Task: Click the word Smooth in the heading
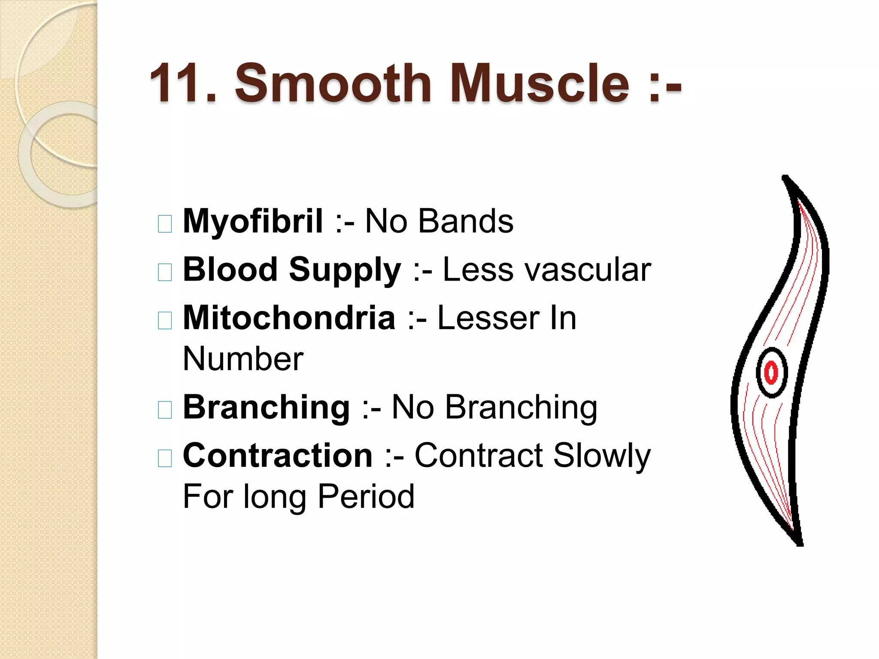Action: tap(333, 83)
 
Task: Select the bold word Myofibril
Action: tap(253, 221)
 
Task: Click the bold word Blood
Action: tap(230, 269)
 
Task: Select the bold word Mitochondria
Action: tap(289, 318)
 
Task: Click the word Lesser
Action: tap(488, 318)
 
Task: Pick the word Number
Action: tap(243, 359)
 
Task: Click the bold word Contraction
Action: tap(278, 455)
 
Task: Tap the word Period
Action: tap(366, 496)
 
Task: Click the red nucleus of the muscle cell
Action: tap(771, 372)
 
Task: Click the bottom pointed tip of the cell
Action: tap(800, 543)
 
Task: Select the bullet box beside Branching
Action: tap(165, 410)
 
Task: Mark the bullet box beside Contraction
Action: tap(165, 458)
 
